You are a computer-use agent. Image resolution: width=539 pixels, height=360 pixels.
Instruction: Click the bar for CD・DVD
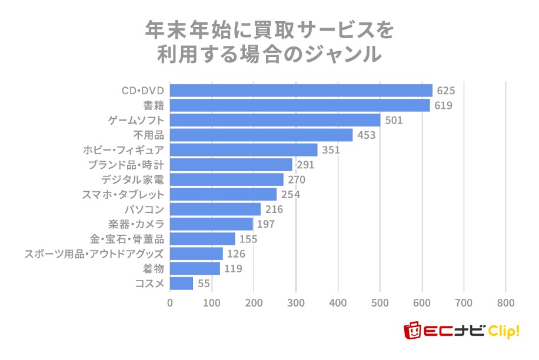pos(301,90)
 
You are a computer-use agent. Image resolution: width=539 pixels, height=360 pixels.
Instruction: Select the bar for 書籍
pos(300,105)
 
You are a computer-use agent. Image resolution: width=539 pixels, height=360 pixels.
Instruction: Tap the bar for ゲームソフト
pos(275,120)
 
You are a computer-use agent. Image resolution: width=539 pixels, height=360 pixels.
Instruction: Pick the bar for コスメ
pos(181,284)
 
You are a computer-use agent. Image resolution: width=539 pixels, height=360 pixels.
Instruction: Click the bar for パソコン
pos(215,209)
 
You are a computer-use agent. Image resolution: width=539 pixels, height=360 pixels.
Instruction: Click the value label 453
pos(366,135)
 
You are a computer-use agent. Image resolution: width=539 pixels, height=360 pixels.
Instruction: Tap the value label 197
pos(265,224)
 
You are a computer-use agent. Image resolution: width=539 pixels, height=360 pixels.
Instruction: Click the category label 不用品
pos(148,135)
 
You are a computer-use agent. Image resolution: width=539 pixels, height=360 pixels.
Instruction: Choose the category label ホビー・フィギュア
pos(125,150)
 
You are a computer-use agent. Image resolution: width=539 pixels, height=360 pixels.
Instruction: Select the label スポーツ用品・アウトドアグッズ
pos(94,254)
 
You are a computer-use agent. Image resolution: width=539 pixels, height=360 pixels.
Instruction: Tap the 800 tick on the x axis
pos(505,303)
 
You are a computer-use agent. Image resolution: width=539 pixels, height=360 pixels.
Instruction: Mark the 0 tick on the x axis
pos(170,303)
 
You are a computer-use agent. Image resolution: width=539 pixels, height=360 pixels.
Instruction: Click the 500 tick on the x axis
pos(380,303)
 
